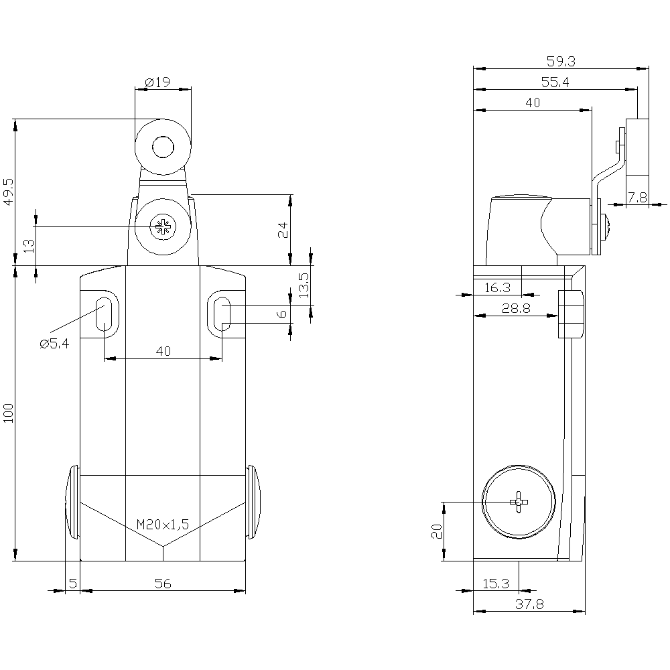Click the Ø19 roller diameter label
(157, 82)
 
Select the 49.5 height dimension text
(9, 192)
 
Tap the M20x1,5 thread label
(162, 525)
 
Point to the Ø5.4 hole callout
(54, 344)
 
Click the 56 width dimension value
(163, 584)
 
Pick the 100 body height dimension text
(9, 413)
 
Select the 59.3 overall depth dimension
(561, 62)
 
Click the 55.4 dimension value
(555, 82)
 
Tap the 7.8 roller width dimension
(637, 198)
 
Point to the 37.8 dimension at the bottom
(529, 604)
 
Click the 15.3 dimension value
(496, 584)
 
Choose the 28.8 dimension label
(516, 308)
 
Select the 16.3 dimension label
(497, 287)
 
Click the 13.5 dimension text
(304, 285)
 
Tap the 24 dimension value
(283, 230)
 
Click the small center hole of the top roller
(163, 147)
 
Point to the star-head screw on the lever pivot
(163, 226)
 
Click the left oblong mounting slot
(103, 314)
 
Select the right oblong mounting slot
(222, 314)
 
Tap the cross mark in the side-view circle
(519, 502)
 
